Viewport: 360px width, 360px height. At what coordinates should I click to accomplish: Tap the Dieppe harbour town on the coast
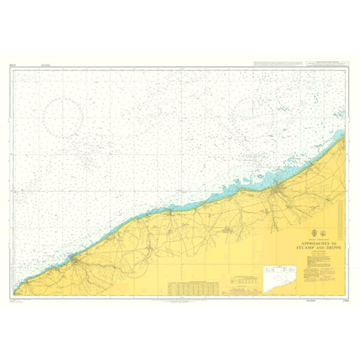point(275,190)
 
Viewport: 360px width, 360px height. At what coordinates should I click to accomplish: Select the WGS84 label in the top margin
point(45,65)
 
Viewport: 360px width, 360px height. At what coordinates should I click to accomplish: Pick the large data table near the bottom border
point(193,287)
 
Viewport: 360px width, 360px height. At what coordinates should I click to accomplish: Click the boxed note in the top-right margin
point(324,62)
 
